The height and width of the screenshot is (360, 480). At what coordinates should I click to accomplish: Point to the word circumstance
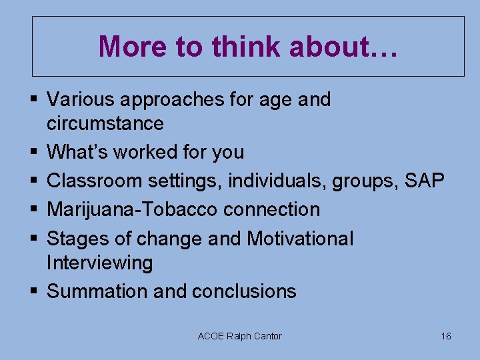point(105,124)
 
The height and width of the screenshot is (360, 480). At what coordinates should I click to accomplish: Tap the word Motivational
point(300,239)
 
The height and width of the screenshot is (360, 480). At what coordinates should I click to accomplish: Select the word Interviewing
point(100,263)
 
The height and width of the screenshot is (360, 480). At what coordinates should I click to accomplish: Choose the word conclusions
point(244,291)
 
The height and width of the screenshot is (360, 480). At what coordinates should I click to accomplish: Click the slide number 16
point(446,336)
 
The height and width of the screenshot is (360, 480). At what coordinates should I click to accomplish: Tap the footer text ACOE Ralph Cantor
point(240,336)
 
